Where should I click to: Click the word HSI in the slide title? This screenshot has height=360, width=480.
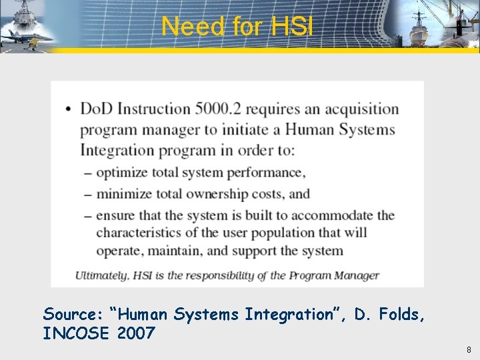coord(291,27)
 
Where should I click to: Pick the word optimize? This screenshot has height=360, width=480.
coord(121,173)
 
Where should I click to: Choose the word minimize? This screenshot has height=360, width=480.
coord(123,194)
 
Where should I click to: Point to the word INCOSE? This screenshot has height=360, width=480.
coord(75,333)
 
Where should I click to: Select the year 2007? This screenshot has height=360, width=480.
coord(135,333)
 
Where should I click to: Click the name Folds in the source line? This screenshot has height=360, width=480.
coord(402,314)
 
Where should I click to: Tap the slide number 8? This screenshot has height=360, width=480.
coord(469,349)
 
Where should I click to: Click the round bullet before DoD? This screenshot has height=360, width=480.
coord(69,110)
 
